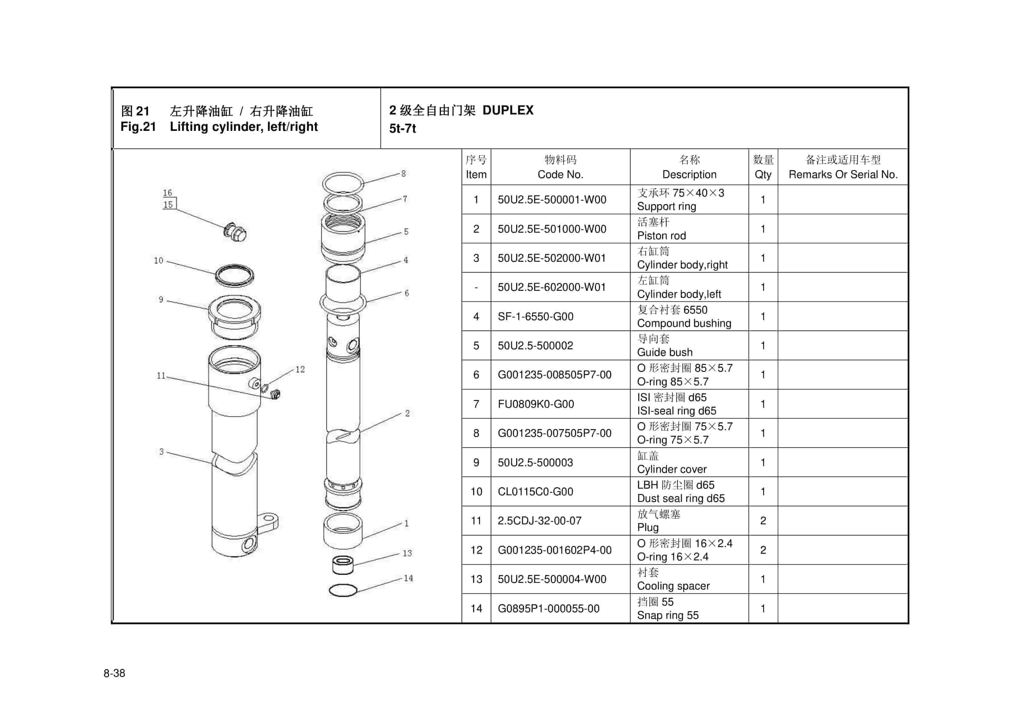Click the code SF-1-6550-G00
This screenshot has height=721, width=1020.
(535, 317)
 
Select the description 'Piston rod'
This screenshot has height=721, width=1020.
(661, 236)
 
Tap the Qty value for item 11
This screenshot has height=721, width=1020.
(763, 520)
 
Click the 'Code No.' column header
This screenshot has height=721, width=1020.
(560, 174)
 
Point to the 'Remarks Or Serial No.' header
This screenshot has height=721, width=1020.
(843, 174)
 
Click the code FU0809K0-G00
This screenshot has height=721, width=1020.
(536, 404)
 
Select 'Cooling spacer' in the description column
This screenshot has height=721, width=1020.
(673, 586)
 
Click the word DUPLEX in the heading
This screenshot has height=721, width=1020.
(508, 110)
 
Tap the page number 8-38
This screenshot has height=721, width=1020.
(114, 673)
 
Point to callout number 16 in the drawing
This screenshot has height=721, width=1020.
(167, 193)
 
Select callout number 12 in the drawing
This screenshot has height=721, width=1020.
(300, 369)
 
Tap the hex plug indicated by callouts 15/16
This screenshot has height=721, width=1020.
(235, 231)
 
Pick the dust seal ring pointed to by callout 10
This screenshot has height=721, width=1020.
(235, 276)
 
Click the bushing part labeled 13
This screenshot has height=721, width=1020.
(343, 565)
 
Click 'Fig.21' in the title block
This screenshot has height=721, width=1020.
(138, 127)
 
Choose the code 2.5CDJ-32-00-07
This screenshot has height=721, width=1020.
(539, 520)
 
